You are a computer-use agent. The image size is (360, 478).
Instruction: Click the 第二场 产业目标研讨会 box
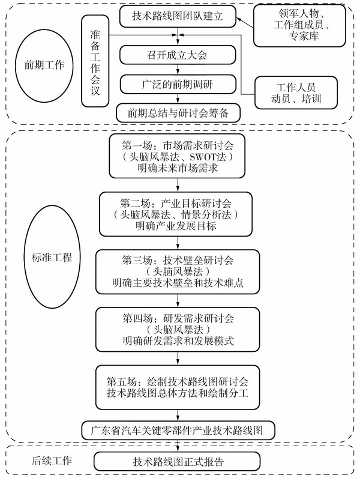tap(177, 213)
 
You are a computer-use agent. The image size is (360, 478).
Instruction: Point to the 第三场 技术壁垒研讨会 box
tap(177, 271)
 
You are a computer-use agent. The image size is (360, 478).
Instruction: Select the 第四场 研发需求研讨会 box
tap(177, 329)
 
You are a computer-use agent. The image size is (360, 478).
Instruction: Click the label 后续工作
tap(51, 461)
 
